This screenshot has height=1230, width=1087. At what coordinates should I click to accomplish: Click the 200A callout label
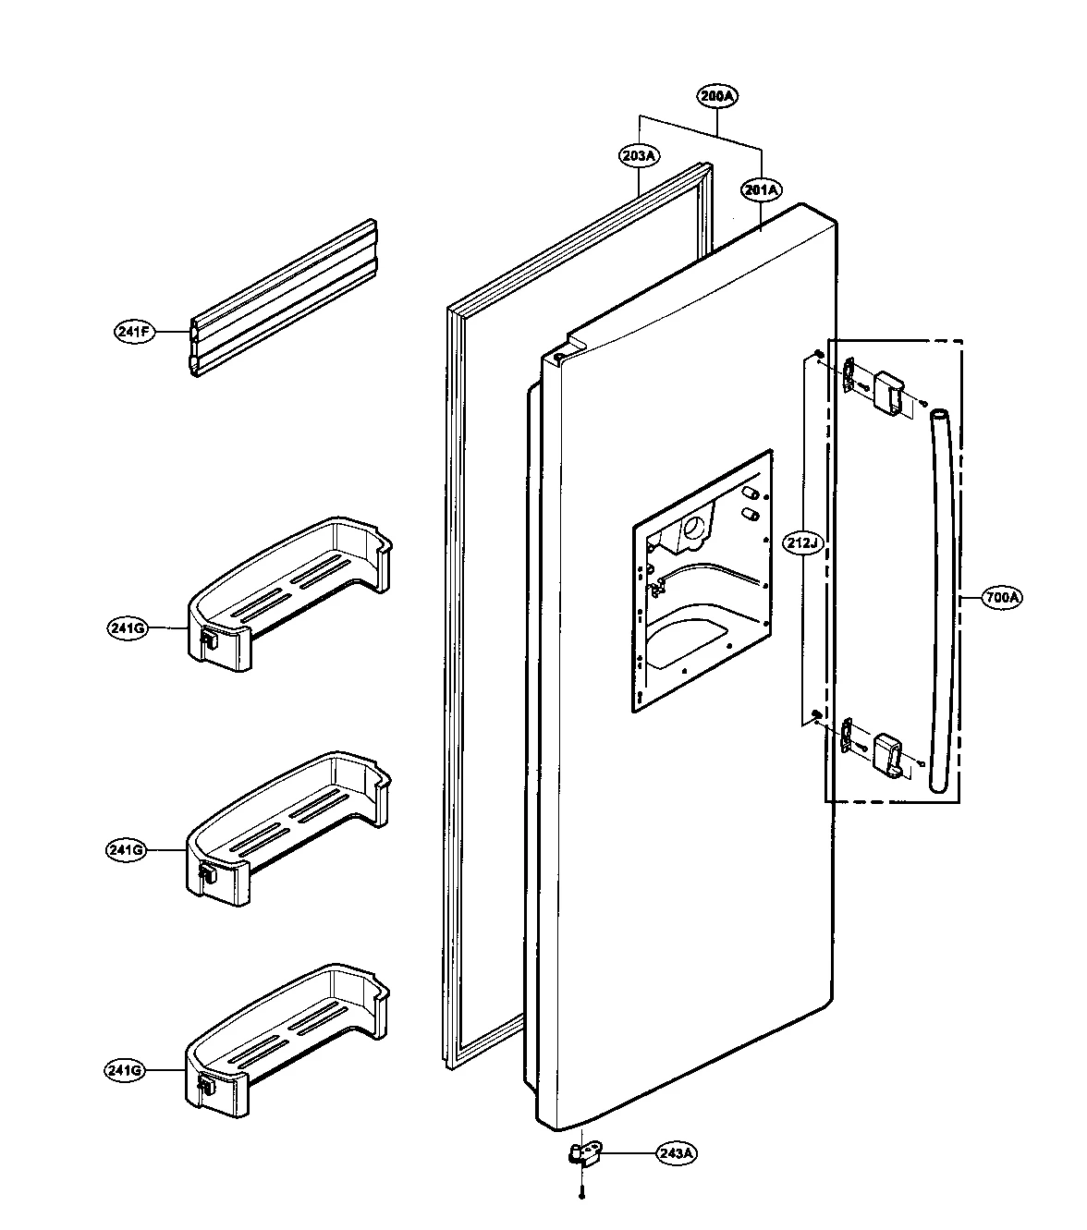[717, 96]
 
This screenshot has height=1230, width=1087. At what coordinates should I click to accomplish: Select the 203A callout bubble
[638, 156]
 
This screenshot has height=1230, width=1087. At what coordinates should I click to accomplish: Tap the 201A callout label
[761, 190]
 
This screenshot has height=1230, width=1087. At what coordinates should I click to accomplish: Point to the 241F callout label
[133, 331]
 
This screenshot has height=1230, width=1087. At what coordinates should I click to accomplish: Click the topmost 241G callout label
[126, 628]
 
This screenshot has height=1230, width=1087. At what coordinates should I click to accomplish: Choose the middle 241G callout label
[126, 849]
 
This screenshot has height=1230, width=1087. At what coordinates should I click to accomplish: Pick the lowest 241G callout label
[124, 1070]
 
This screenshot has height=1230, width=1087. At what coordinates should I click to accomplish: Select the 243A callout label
[677, 1153]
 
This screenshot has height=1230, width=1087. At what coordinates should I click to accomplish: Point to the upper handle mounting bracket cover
[890, 392]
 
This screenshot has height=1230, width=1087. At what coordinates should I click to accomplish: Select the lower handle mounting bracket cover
[890, 753]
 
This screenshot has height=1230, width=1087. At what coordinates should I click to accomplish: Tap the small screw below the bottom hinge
[581, 1196]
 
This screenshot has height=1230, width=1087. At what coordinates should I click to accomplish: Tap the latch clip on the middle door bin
[206, 871]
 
